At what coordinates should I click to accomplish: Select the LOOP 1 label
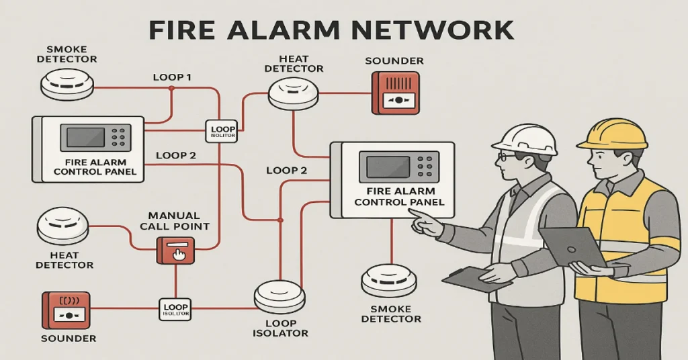click(x=172, y=77)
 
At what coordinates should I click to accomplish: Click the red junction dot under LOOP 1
click(x=172, y=88)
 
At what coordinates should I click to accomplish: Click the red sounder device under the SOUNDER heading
click(x=395, y=92)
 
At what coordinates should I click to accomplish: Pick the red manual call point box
click(x=175, y=249)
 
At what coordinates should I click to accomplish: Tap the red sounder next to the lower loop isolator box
click(x=65, y=309)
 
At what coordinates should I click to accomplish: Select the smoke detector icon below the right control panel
click(x=388, y=281)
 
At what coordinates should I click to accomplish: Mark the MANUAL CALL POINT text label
click(x=175, y=221)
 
